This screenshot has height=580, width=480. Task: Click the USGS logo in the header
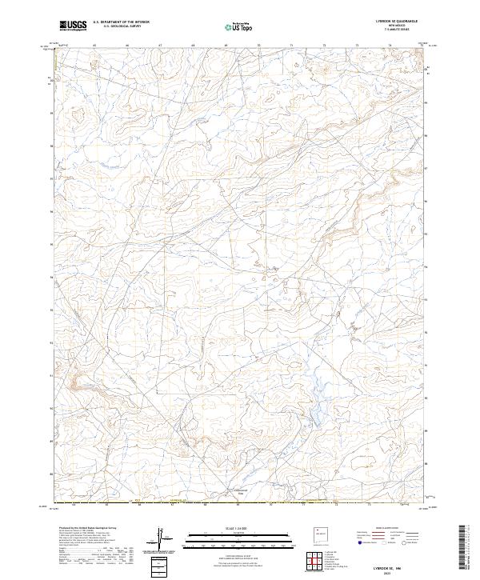(73, 26)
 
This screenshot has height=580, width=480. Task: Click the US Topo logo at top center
(239, 27)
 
